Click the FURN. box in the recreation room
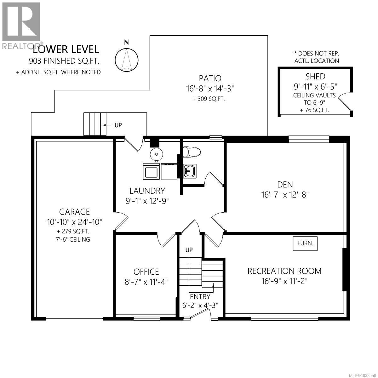tap(305, 243)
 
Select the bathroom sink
tap(189, 171)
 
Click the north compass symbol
tap(127, 59)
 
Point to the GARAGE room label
tap(75, 212)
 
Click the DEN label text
tap(285, 184)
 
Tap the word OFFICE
tap(146, 272)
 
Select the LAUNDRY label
tap(147, 191)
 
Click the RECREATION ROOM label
tap(284, 271)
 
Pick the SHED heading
tap(315, 76)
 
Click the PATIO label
tap(210, 78)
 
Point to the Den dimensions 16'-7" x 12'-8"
tap(285, 195)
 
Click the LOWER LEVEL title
tap(66, 49)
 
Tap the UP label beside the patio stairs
tap(118, 125)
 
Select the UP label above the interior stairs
tap(189, 250)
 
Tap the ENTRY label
tap(200, 296)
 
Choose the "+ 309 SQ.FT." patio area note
tap(210, 99)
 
